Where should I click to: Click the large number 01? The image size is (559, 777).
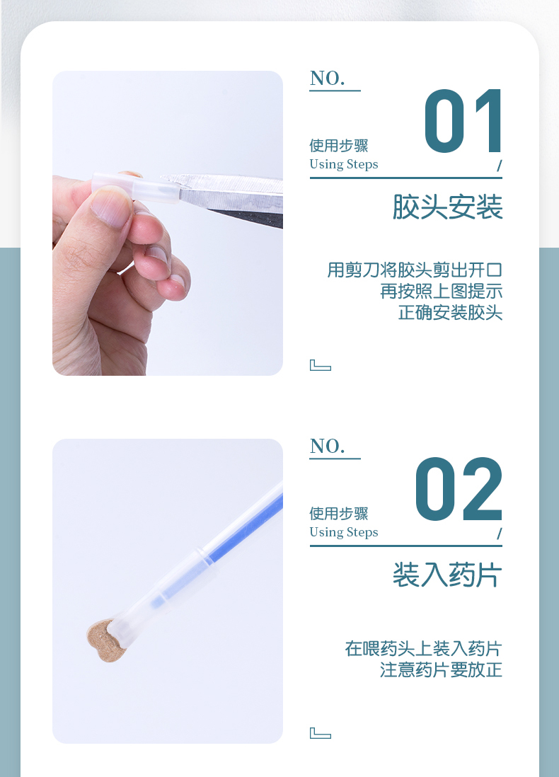[463, 122]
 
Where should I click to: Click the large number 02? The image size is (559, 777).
[459, 489]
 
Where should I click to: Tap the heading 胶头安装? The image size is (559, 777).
[447, 207]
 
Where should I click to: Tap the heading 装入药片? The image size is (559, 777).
[447, 575]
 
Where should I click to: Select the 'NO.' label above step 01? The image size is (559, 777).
[327, 79]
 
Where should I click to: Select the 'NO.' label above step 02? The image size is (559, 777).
[327, 446]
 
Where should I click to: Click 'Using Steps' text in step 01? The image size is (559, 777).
[343, 164]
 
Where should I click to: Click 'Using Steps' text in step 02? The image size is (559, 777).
[343, 532]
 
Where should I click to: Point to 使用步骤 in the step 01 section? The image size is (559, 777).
[339, 146]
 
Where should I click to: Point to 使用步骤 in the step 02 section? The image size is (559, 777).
[339, 513]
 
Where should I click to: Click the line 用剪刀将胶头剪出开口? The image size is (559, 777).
[415, 270]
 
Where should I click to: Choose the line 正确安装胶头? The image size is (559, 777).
[451, 313]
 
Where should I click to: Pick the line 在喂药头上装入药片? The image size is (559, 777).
[424, 648]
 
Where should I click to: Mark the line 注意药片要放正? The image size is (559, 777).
[441, 669]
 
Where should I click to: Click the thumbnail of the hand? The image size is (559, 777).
[110, 206]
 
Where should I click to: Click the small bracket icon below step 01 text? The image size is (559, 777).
[320, 365]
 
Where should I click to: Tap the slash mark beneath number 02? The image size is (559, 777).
[499, 533]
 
